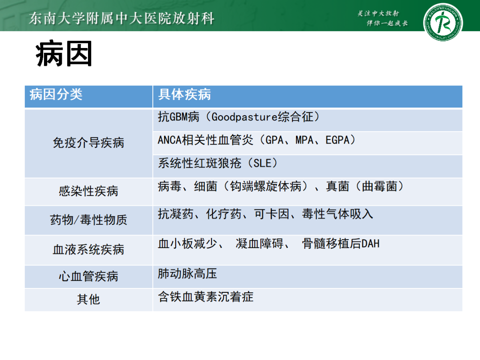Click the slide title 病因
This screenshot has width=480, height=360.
(64, 54)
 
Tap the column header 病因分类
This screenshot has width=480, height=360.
(56, 94)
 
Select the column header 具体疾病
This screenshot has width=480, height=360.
(184, 94)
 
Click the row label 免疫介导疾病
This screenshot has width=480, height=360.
(88, 143)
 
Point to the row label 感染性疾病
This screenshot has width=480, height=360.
(88, 191)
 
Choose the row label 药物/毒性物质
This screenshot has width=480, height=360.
(88, 220)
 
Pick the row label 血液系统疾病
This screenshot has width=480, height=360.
(88, 249)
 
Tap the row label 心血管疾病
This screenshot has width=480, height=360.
(88, 276)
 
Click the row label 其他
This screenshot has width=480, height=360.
(88, 299)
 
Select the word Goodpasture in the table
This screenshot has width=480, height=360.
(244, 117)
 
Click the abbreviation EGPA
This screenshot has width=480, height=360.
(337, 140)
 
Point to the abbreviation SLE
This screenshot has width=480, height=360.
(262, 163)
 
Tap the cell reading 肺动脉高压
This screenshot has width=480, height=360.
(188, 274)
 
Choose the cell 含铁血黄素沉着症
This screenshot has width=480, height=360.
(206, 296)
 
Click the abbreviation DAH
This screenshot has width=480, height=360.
(370, 244)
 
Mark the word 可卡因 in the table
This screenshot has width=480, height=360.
(272, 214)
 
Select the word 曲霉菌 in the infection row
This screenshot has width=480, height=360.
(380, 186)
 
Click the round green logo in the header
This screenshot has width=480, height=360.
(443, 22)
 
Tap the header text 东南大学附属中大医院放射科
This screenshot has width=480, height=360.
(121, 18)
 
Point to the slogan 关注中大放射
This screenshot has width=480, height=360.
(378, 13)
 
